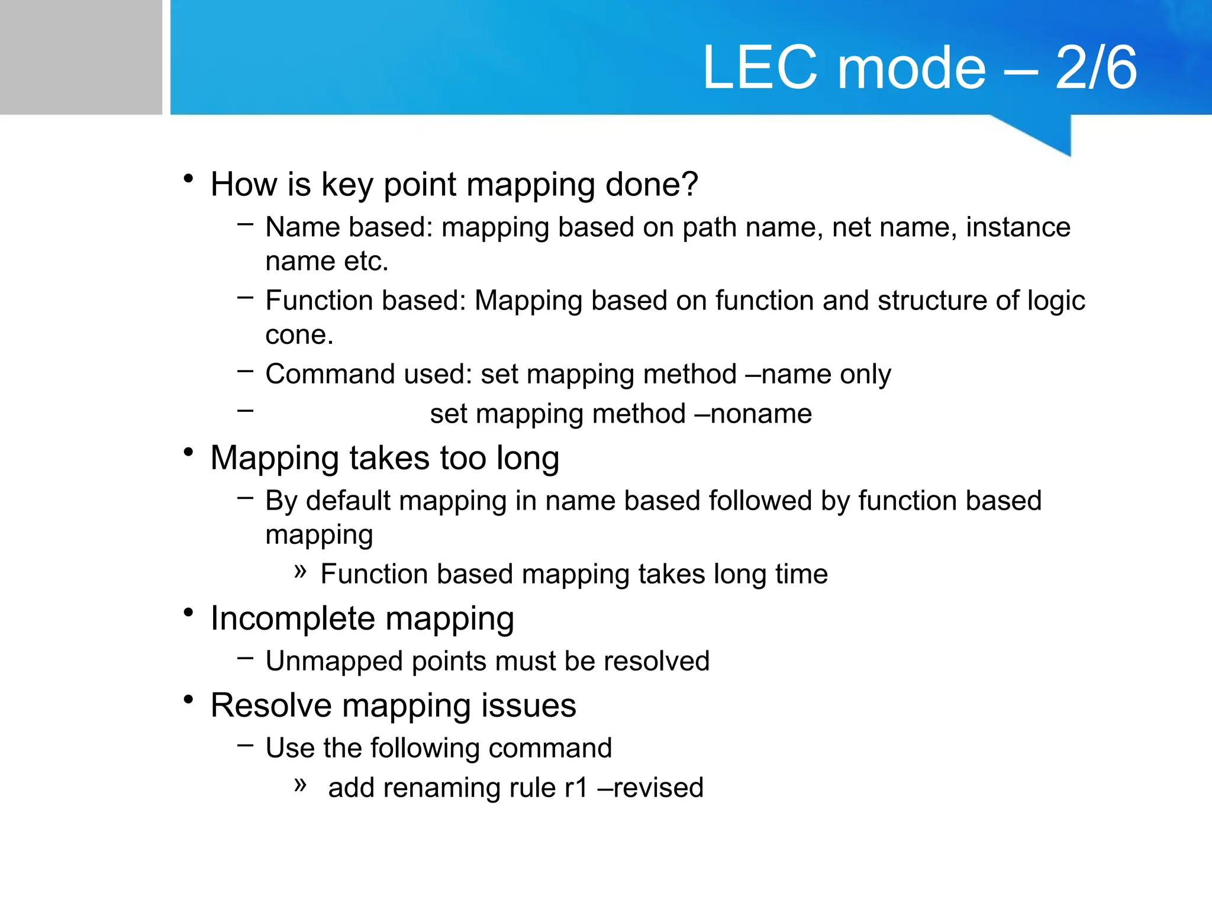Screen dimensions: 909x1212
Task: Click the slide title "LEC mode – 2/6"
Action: [x=919, y=68]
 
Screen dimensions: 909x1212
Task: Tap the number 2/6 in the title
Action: [x=1096, y=68]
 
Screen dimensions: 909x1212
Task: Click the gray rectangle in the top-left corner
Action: [x=80, y=57]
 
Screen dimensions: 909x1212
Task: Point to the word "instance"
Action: [x=1018, y=227]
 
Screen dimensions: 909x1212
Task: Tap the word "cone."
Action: [x=299, y=335]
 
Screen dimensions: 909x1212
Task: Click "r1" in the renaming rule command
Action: [x=576, y=788]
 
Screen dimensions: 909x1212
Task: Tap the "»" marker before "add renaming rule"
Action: [x=301, y=785]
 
